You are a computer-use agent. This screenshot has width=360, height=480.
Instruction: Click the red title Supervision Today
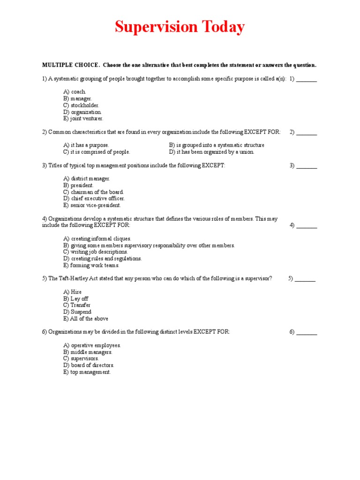point(180,27)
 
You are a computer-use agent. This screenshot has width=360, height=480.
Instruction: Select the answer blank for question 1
point(307,79)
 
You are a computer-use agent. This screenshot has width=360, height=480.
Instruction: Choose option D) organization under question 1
point(82,112)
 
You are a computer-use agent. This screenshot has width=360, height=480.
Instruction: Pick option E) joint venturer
point(83,119)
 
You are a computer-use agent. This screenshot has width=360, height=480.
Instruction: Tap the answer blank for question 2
point(307,132)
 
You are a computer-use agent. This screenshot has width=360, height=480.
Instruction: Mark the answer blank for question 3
point(307,165)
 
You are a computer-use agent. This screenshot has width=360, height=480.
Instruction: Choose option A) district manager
point(87,179)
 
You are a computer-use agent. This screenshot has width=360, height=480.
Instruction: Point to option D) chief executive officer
point(94,198)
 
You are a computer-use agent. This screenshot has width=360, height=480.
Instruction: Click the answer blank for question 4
point(307,225)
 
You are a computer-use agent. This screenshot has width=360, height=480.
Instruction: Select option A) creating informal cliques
point(97,239)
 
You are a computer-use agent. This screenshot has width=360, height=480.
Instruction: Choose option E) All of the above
point(86,319)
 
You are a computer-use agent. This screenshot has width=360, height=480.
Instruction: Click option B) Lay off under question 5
point(75,299)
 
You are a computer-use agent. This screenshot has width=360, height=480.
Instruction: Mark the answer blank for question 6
point(307,332)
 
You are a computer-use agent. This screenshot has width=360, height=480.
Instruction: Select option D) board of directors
point(89,365)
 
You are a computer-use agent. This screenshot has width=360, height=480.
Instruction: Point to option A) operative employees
point(92,345)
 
